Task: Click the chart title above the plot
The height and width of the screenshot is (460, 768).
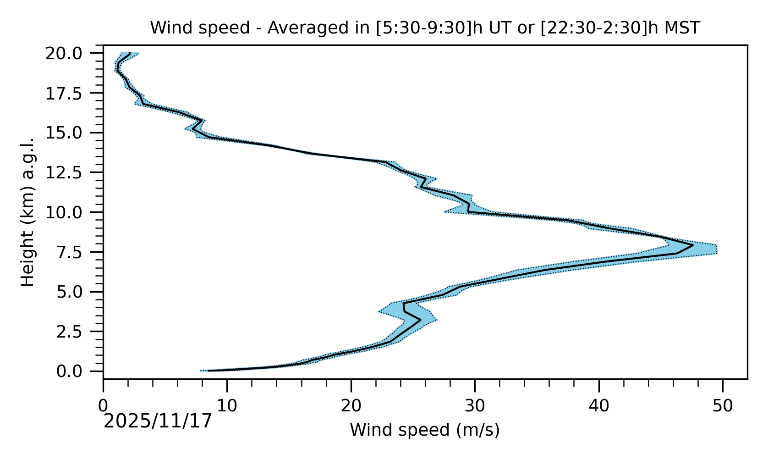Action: [x=425, y=28]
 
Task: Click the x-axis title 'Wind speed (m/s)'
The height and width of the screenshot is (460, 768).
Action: [x=425, y=430]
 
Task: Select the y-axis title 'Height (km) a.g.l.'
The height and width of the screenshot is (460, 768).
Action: [x=28, y=212]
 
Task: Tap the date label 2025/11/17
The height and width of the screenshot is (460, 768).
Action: [x=158, y=421]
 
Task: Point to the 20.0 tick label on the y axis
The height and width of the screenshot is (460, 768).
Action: [x=70, y=54]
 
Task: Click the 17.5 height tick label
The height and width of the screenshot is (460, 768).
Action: [x=70, y=94]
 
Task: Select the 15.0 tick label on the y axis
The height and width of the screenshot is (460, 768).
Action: [x=70, y=133]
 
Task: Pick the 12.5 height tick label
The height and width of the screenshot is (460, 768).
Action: [x=70, y=173]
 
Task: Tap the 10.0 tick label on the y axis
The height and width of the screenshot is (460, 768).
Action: [x=70, y=212]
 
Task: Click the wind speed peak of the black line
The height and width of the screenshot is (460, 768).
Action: [x=692, y=245]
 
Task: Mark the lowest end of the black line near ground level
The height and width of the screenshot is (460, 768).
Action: [x=208, y=371]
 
